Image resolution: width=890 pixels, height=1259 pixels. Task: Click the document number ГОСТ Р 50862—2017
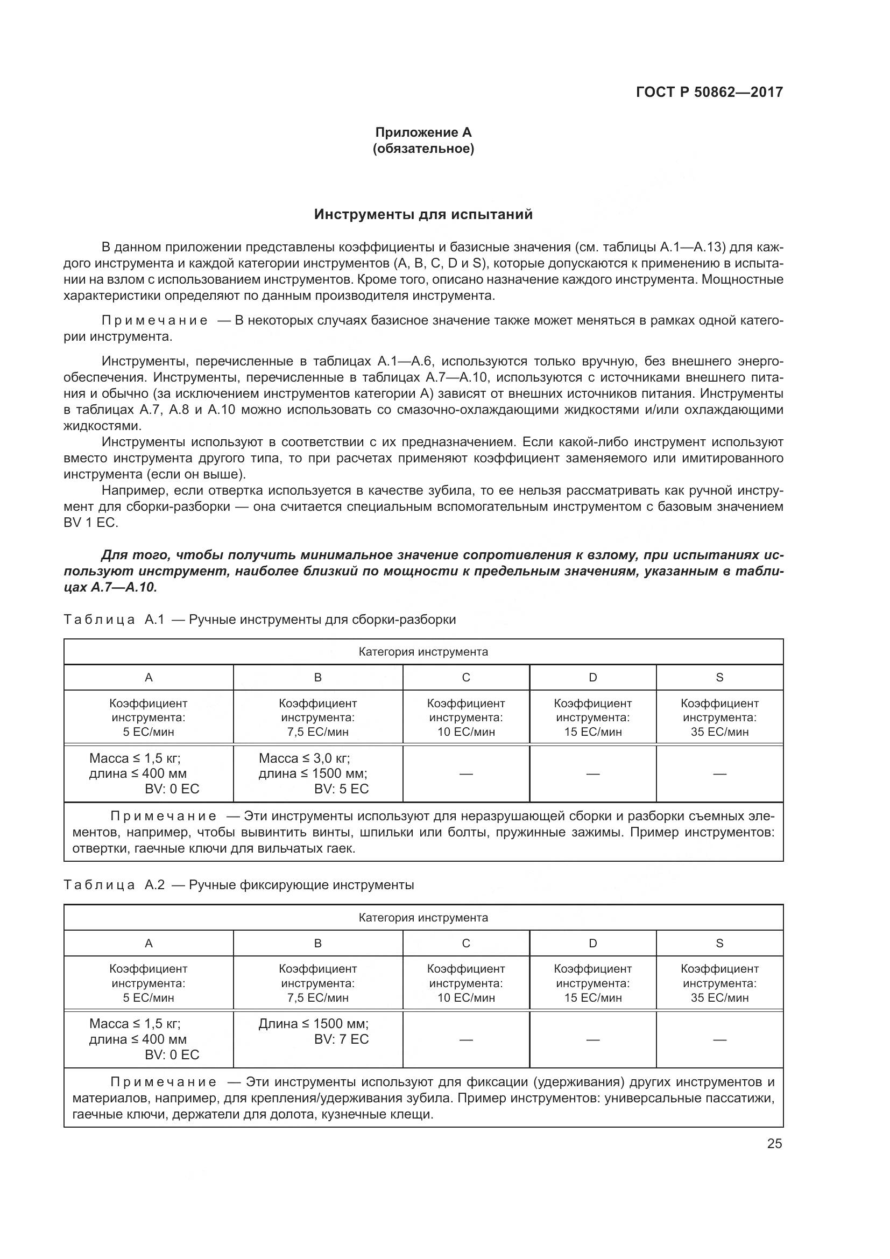click(709, 92)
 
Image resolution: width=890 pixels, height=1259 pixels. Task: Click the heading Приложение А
click(423, 132)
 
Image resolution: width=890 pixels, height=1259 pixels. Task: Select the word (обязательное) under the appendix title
click(423, 149)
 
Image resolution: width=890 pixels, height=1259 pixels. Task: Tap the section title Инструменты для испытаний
click(423, 214)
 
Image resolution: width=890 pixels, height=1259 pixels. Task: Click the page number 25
click(774, 1143)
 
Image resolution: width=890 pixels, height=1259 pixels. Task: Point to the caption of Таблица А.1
click(260, 620)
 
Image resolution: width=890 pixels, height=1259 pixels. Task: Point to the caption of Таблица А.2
click(239, 885)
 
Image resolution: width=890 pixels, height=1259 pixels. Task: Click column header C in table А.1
click(466, 677)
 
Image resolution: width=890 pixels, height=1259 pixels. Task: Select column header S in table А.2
click(719, 943)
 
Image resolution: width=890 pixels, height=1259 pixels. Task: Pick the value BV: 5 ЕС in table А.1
click(342, 789)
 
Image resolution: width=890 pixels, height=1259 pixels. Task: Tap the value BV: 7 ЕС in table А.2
click(342, 1039)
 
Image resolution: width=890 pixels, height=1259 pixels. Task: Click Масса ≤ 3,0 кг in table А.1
click(304, 758)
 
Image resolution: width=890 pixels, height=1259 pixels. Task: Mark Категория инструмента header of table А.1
click(423, 652)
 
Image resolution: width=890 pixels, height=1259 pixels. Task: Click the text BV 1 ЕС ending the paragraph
click(90, 523)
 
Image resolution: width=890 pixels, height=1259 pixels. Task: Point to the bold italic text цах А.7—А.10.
click(110, 587)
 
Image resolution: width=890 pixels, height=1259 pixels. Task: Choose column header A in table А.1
click(149, 677)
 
